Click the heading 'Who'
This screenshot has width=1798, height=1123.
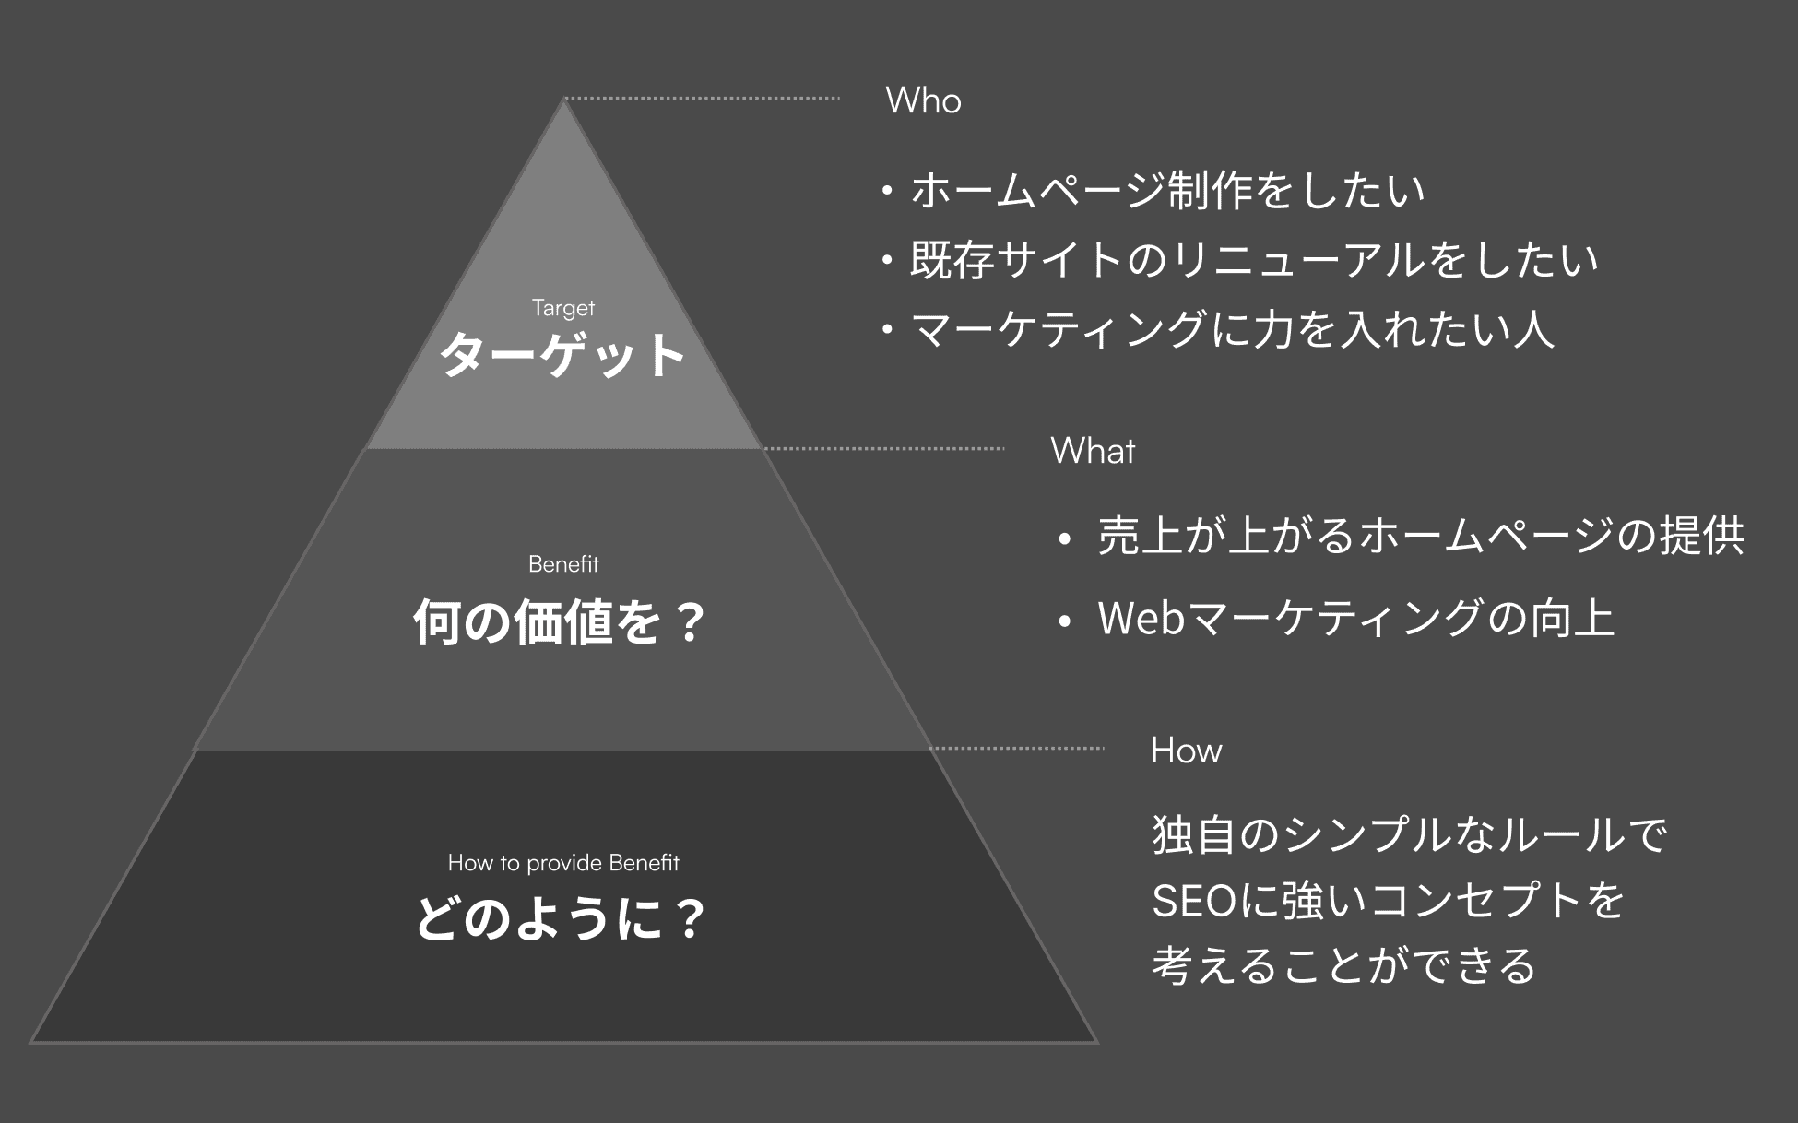923,100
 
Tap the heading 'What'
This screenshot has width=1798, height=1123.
1093,451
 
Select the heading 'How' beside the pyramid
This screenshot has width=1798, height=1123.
1186,751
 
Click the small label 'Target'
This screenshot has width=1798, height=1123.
563,308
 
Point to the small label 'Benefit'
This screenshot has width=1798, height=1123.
563,563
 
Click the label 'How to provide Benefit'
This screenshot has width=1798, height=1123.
563,863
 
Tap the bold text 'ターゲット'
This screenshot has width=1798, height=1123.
562,355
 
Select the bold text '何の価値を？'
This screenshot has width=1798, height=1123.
560,621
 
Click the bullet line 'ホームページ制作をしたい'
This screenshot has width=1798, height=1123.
1166,190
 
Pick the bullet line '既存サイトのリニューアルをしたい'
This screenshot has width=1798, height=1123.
1253,260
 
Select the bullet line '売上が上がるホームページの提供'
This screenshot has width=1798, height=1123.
1420,536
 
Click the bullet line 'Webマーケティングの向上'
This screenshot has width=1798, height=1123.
1355,618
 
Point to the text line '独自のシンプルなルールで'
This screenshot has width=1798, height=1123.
1409,834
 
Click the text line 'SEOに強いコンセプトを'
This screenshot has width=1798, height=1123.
1388,901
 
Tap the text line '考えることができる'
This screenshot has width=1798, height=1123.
1343,966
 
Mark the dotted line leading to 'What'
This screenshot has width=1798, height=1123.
883,449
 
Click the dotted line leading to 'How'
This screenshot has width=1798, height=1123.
1016,749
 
